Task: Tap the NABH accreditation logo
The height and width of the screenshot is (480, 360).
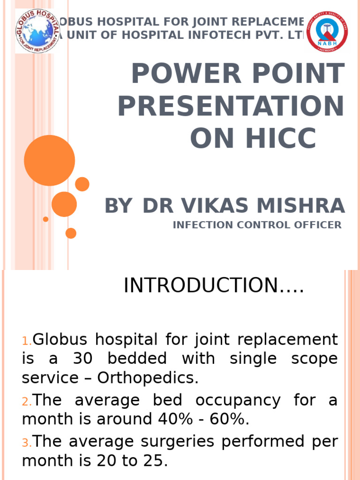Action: [327, 31]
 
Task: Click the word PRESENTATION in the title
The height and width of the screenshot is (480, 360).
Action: [231, 105]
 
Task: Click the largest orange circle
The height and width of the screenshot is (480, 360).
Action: [49, 160]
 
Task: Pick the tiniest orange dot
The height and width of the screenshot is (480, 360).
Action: [45, 219]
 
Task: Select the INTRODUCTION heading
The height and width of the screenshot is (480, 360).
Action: [214, 286]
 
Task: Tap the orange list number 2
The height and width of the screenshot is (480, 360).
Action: [26, 402]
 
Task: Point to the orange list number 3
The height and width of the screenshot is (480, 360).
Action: [26, 442]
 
